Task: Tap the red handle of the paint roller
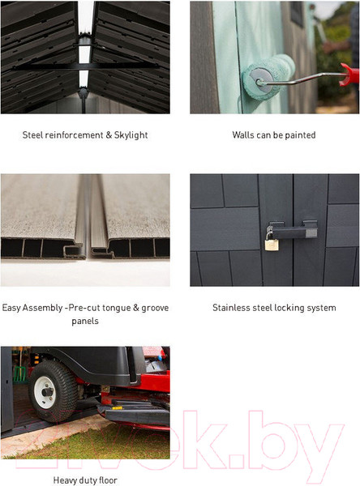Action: coord(349,75)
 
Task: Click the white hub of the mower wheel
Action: coord(46,392)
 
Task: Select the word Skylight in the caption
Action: coord(131,135)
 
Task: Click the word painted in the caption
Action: coord(300,135)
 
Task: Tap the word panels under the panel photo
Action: coord(85,321)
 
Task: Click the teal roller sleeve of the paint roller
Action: coord(268,77)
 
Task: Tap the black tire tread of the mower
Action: coord(53,391)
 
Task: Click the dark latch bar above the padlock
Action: coord(292,230)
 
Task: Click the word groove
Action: coord(155,308)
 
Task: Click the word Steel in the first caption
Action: coord(32,135)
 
